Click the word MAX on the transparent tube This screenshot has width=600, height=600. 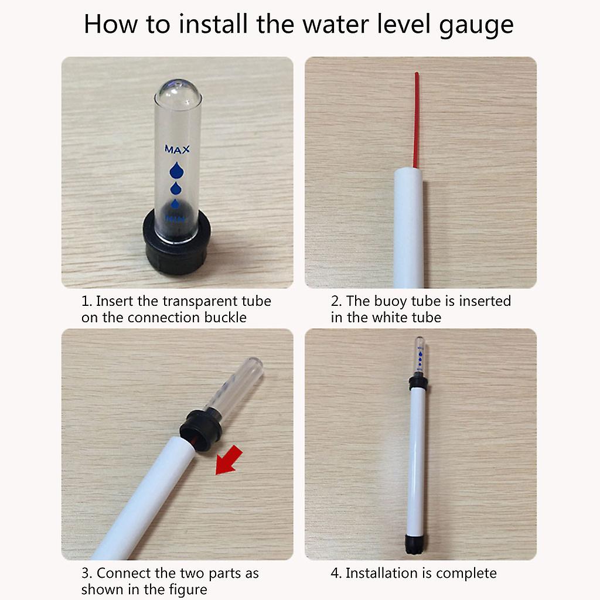coord(177,149)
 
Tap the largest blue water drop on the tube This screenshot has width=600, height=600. coord(176,171)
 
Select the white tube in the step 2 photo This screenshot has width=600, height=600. coord(408,228)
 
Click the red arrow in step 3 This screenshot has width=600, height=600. coord(229,460)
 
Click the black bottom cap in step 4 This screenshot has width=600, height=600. coord(415,544)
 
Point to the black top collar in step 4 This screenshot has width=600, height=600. coord(418,382)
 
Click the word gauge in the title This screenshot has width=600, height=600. coord(476,25)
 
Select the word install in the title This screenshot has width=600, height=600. coord(213,23)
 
